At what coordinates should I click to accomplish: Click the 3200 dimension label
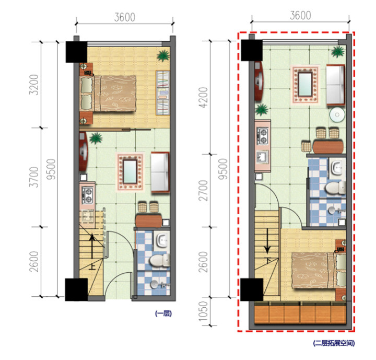point(34,85)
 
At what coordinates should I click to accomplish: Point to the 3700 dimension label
point(34,177)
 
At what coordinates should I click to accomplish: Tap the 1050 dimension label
point(203,311)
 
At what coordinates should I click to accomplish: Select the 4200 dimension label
point(203,97)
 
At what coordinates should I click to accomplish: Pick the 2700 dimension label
point(203,191)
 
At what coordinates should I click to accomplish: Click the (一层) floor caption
point(163,313)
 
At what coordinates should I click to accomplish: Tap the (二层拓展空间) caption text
point(334,343)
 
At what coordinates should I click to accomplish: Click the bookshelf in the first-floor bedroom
point(163,92)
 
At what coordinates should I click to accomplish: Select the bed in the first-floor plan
point(108,94)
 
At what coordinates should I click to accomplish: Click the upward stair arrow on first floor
point(92,247)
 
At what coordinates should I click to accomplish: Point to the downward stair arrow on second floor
point(267,241)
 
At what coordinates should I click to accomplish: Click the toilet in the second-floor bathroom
point(335,188)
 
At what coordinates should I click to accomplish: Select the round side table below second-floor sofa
point(337,115)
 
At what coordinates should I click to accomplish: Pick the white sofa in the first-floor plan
point(160,172)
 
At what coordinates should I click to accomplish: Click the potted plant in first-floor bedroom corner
point(163,55)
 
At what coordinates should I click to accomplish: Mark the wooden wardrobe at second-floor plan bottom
point(300,313)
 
